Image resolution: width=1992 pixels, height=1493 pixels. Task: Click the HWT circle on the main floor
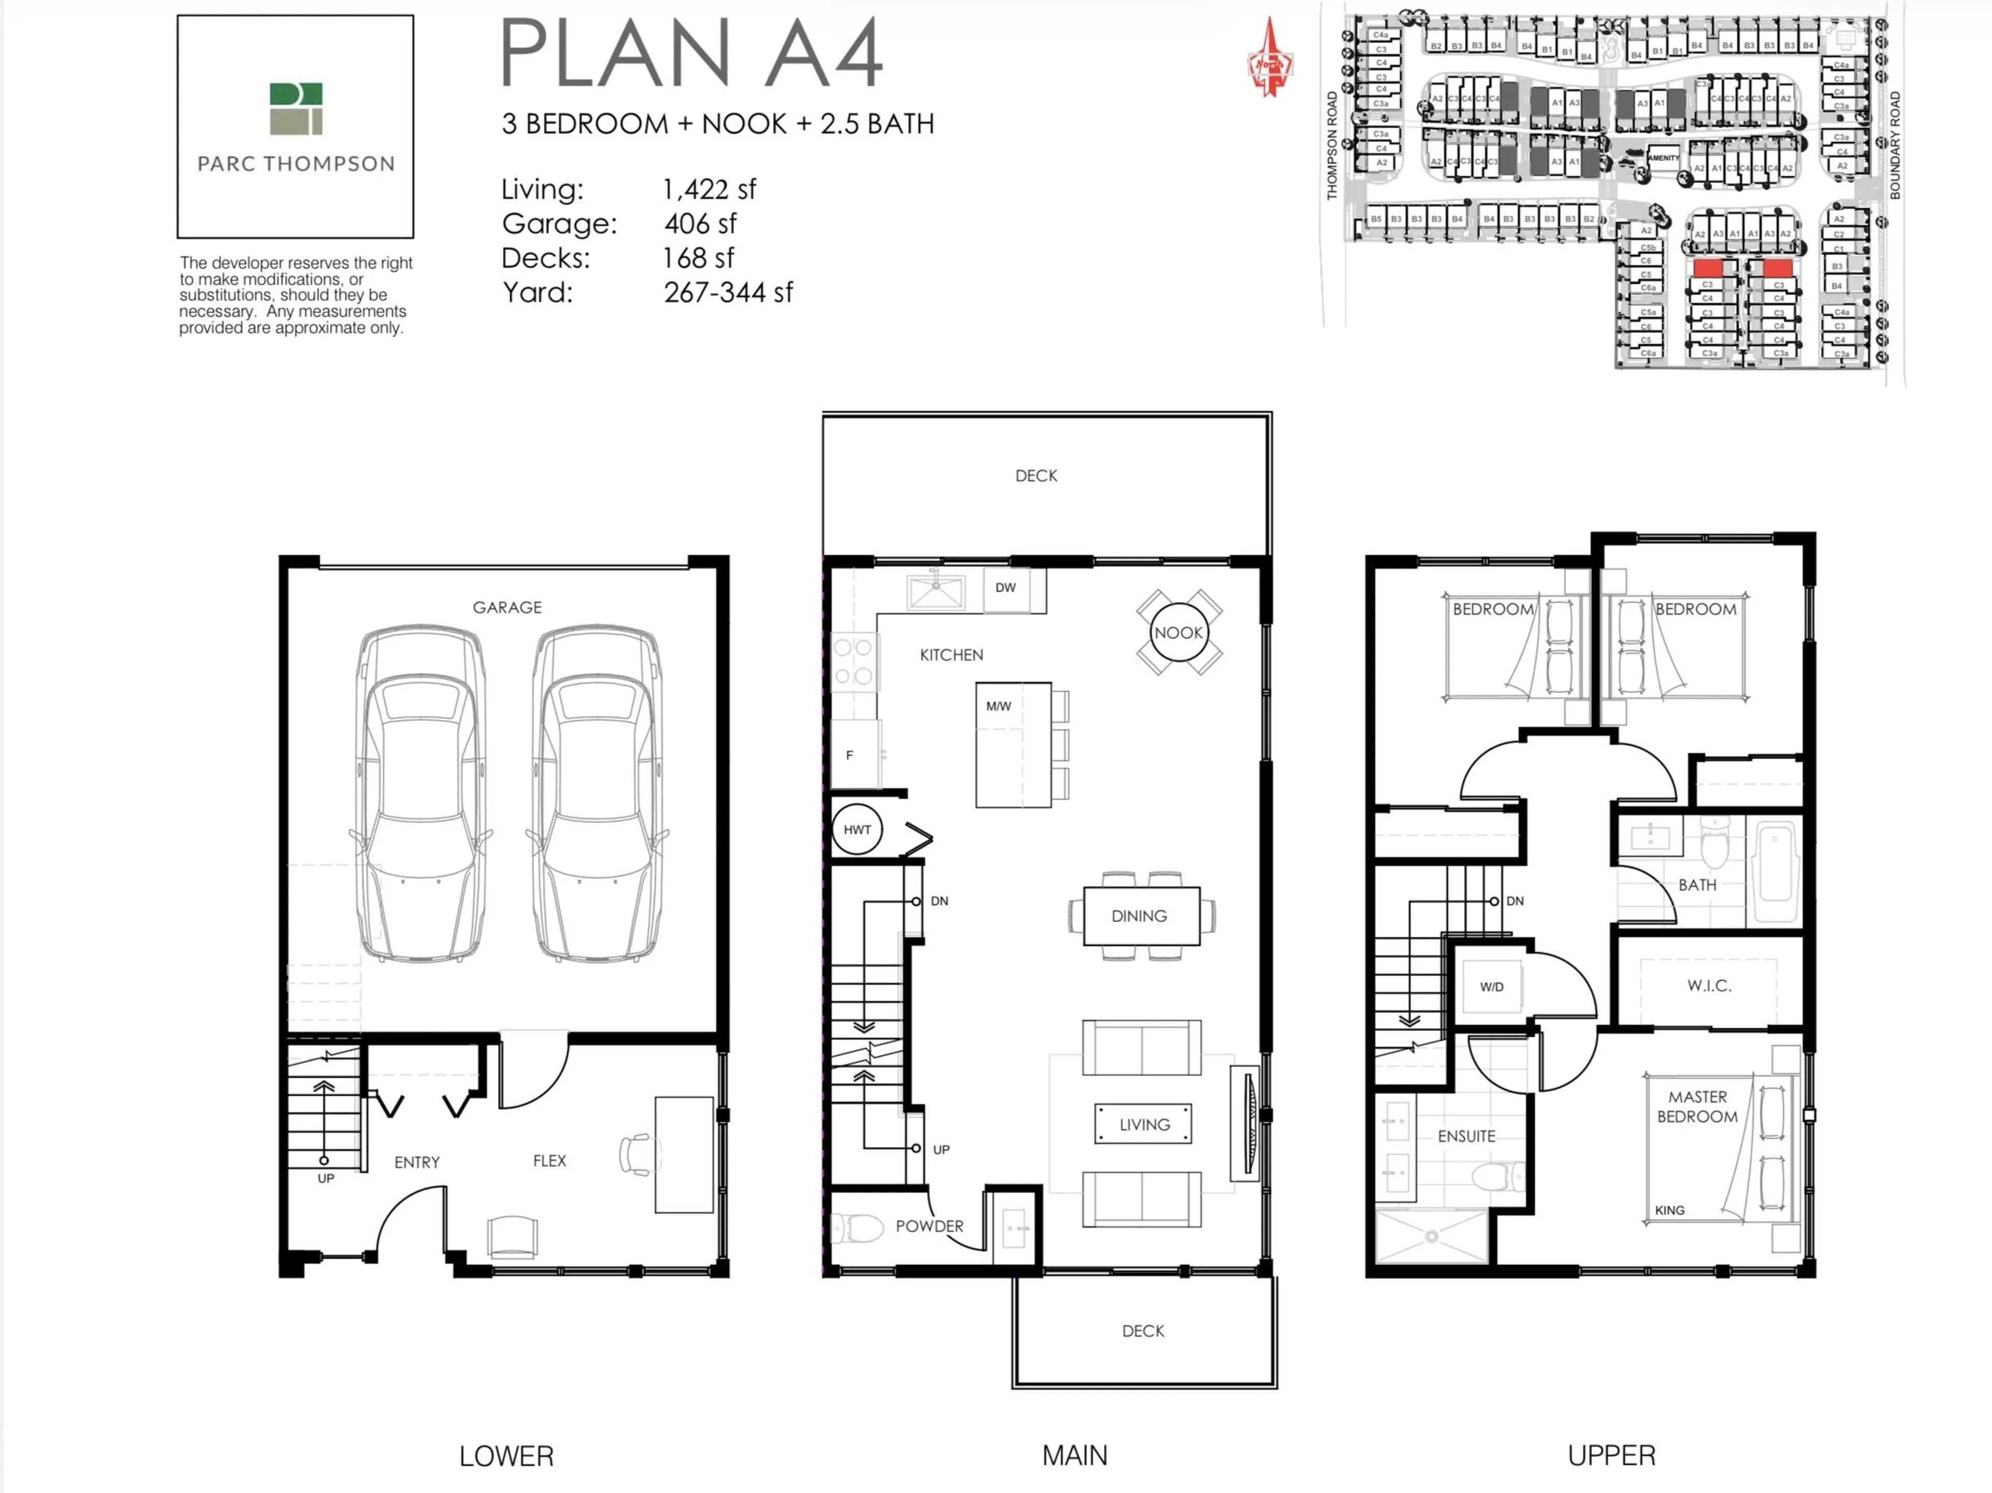coord(856,829)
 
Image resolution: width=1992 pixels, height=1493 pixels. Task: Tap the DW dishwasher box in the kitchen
coord(1006,588)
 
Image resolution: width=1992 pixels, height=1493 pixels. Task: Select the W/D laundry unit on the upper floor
coord(1491,987)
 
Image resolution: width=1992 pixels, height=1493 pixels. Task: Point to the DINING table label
coord(1139,916)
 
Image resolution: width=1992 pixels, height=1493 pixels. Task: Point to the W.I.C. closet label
coord(1708,985)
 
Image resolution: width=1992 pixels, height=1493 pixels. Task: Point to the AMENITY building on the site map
coord(1663,158)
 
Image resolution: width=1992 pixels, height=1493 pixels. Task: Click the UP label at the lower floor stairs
coord(325,1178)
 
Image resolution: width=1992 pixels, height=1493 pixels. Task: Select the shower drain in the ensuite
coord(1431,1236)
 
